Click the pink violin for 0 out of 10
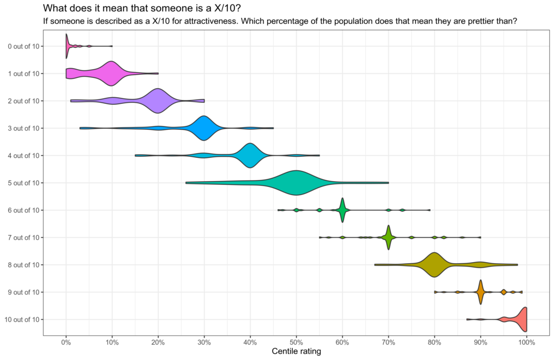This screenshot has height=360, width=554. coord(67,46)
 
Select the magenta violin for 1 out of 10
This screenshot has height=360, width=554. coord(111,74)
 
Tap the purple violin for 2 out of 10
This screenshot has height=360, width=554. coord(157,101)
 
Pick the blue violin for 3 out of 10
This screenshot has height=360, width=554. coord(203,128)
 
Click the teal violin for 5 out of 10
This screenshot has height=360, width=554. coord(296,183)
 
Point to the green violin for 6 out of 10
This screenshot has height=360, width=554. coord(342,210)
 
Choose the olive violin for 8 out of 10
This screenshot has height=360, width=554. coord(434,264)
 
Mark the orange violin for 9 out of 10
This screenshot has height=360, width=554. coord(480,292)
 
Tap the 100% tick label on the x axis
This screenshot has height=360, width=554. coord(526,342)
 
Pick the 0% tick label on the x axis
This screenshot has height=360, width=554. coord(66,342)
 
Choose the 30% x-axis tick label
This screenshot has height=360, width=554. coord(204,342)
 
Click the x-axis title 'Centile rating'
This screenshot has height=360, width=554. coord(296,352)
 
